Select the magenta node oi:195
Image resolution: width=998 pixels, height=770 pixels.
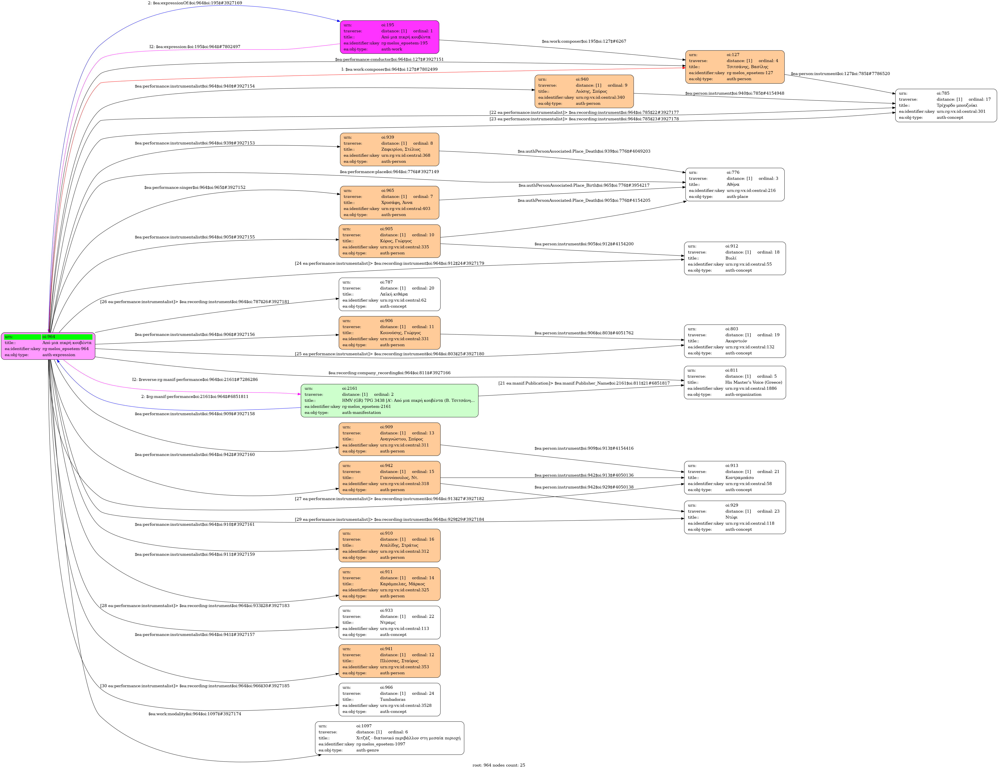(x=389, y=37)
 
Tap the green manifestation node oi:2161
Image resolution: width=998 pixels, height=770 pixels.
(x=389, y=400)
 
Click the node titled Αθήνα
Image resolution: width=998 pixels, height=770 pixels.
(x=735, y=185)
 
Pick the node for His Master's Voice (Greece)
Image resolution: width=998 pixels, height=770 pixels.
(x=735, y=382)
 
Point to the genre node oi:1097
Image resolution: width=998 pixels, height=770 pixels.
(x=389, y=738)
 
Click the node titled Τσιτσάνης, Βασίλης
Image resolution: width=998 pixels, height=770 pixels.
(x=735, y=67)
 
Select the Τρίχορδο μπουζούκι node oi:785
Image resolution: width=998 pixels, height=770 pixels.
(x=946, y=106)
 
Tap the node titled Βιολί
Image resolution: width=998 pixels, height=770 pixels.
(x=735, y=258)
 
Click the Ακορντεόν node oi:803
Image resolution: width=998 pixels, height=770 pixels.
(x=735, y=341)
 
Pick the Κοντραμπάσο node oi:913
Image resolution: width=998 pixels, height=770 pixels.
(x=735, y=477)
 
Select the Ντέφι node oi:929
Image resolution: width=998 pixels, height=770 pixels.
(x=735, y=517)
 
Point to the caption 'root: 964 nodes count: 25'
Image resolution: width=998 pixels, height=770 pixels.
(x=498, y=765)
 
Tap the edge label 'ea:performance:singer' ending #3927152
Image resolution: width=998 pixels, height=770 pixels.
(x=195, y=187)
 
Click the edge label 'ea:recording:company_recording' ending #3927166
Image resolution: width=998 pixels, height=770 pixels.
(x=389, y=373)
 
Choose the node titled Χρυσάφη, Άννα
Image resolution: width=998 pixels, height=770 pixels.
(x=389, y=202)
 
